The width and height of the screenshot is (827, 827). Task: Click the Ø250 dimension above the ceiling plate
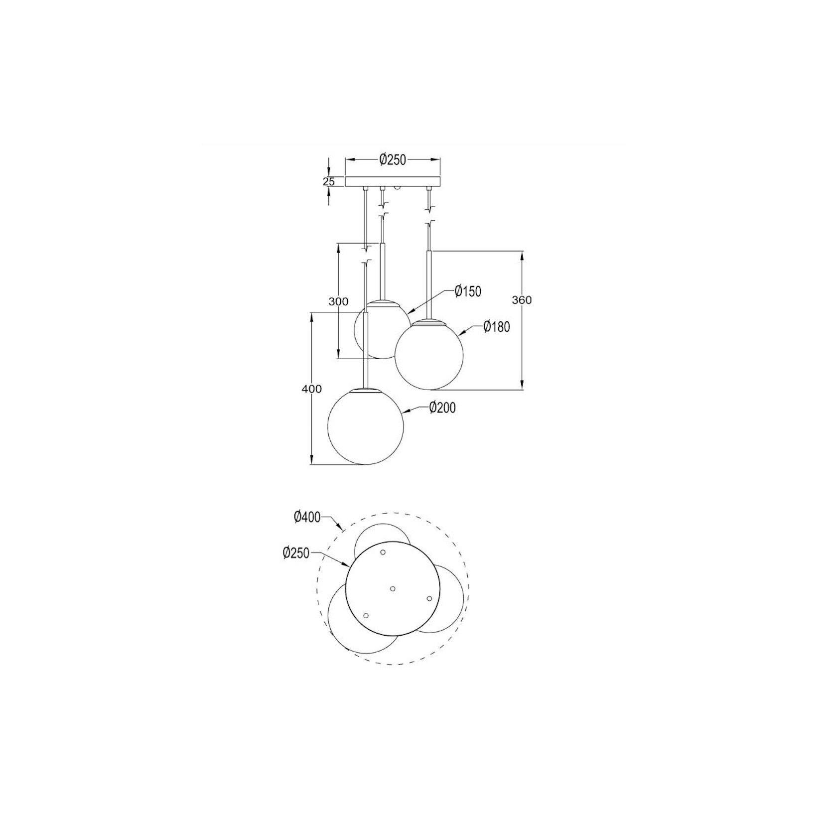pos(393,160)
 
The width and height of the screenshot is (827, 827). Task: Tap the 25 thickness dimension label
pos(329,182)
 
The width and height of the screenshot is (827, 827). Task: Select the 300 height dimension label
pos(338,301)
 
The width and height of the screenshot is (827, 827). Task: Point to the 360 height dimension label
pos(522,300)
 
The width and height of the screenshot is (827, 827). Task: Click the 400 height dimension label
pos(312,389)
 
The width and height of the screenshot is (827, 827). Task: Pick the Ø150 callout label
pos(468,291)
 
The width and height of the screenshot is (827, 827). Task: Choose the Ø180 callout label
pos(497,327)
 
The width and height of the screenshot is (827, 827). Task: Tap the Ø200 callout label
pos(442,408)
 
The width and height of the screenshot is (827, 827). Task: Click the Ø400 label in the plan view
pos(307,517)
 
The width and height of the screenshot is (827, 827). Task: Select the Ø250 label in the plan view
pos(296,553)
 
